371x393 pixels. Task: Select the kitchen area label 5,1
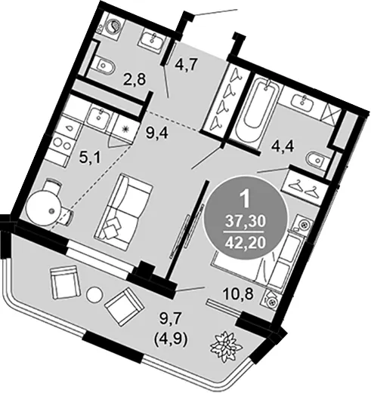(90, 158)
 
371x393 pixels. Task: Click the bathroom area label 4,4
(283, 146)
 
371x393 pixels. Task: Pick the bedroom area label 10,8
(237, 293)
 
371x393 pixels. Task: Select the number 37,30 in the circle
(246, 222)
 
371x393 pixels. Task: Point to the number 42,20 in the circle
(246, 242)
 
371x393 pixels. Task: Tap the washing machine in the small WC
(115, 26)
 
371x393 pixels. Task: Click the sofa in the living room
(123, 213)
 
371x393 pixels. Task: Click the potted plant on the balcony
(226, 346)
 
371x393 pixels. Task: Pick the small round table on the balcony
(94, 295)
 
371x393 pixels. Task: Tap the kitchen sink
(100, 117)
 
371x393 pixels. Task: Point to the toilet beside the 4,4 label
(317, 160)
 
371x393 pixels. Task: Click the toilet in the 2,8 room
(104, 66)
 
